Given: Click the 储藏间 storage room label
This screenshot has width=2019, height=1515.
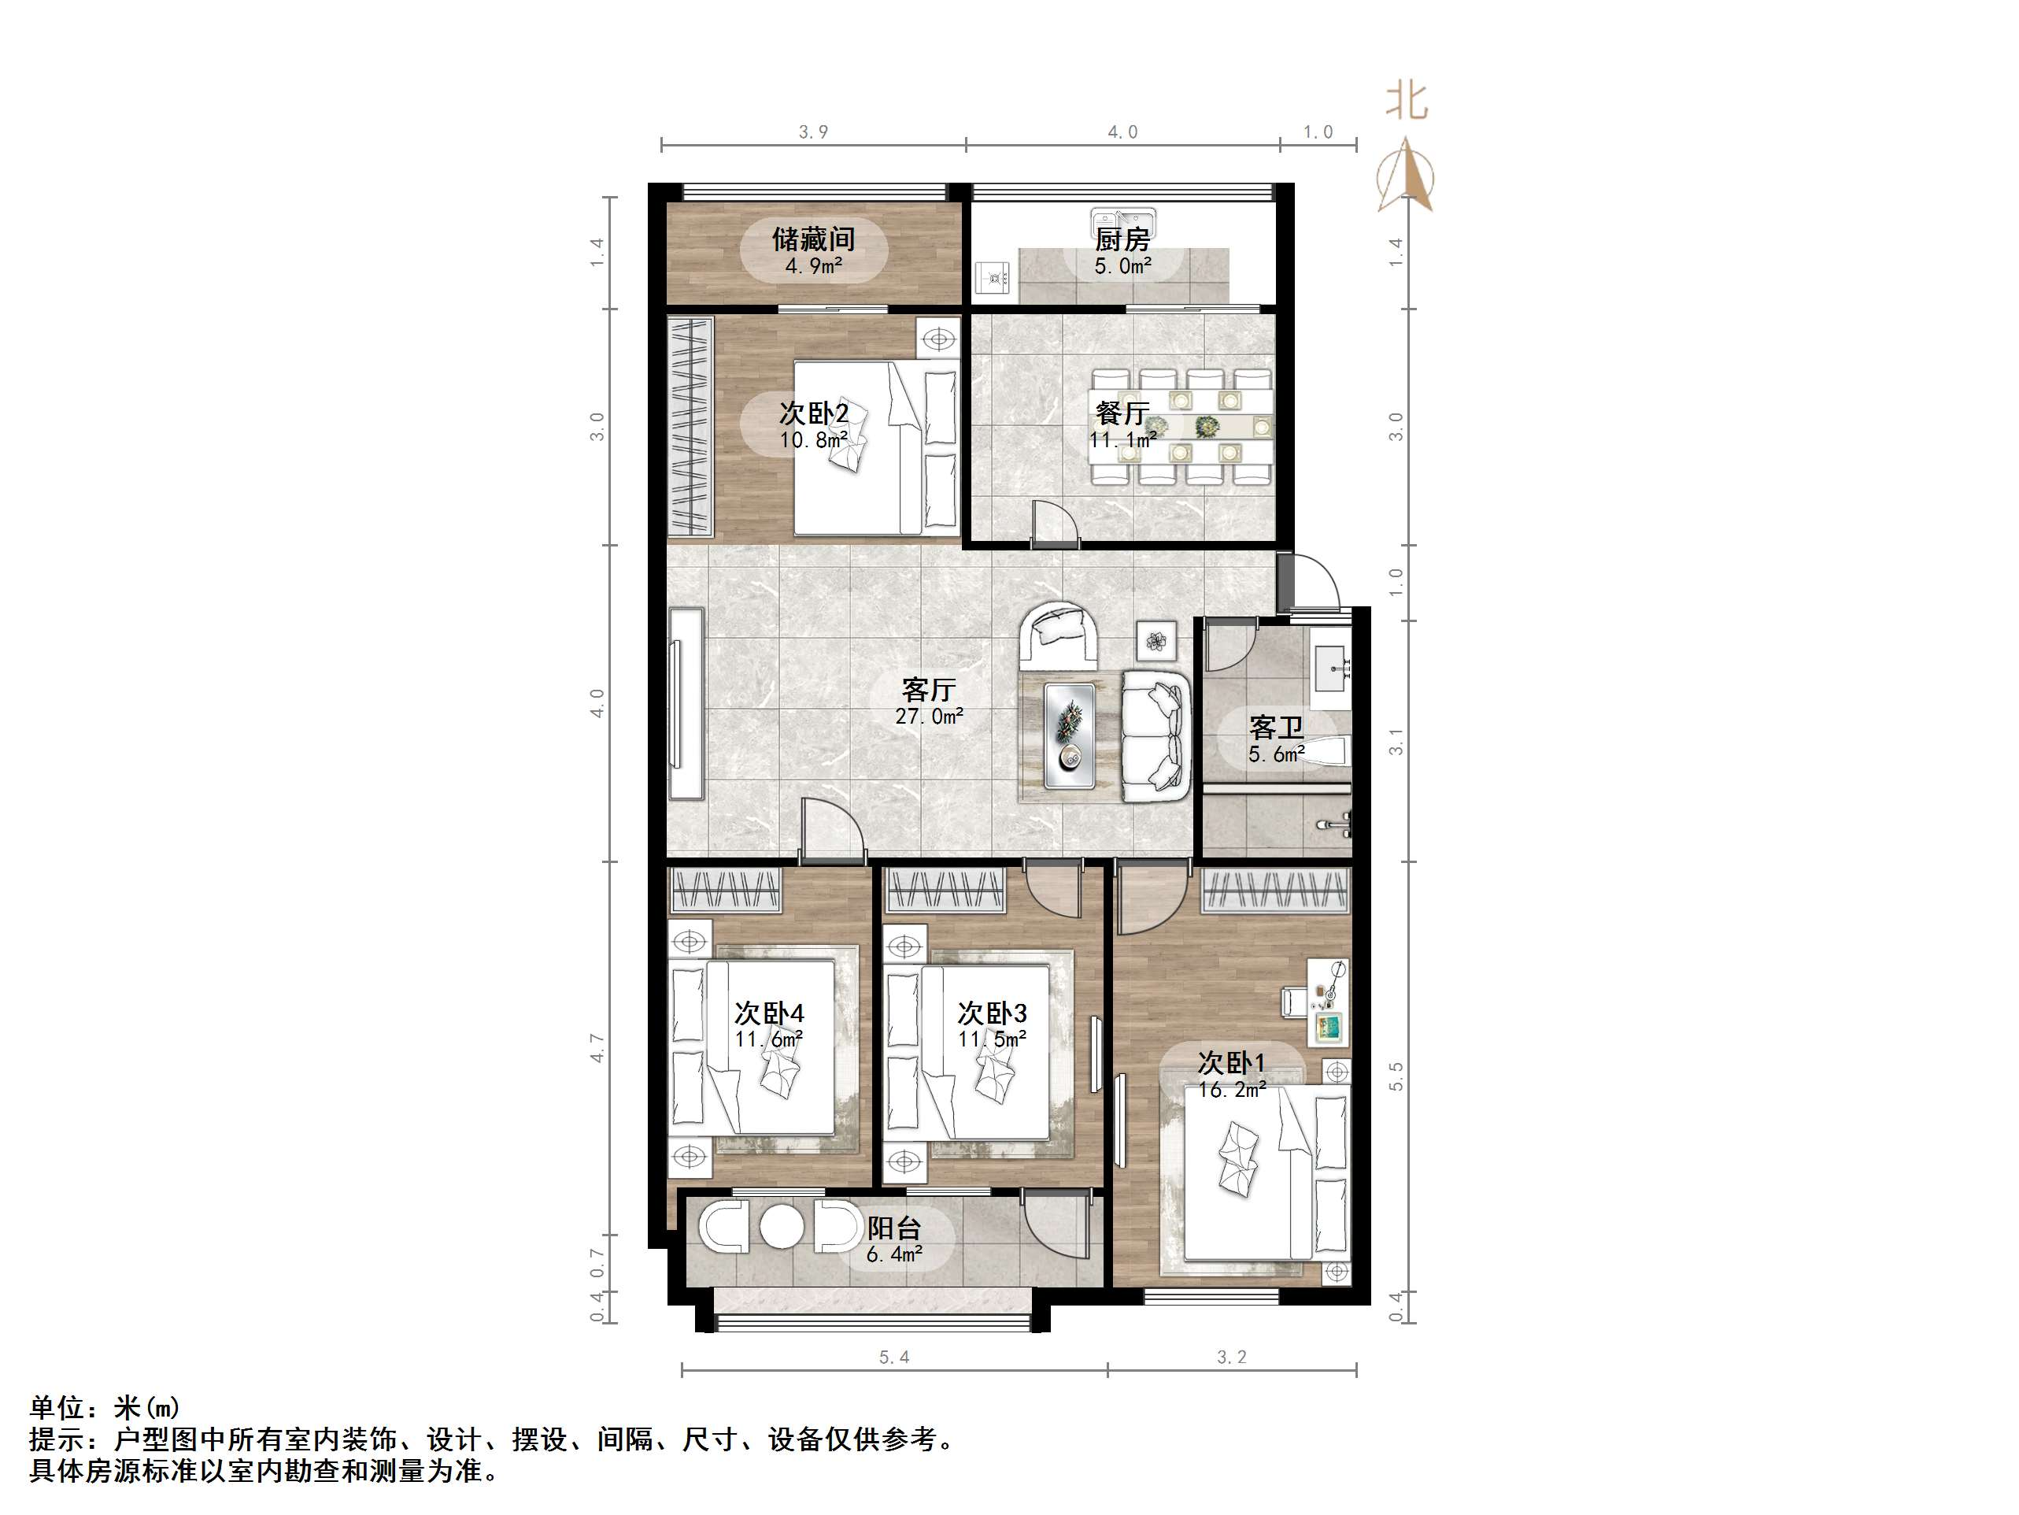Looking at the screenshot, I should click(x=813, y=239).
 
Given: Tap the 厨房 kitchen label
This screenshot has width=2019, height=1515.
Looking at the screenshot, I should click(x=1122, y=239).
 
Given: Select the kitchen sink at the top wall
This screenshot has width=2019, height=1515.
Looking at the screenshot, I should click(x=1122, y=223).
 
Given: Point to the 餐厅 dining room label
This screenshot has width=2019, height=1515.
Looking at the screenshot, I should click(x=1122, y=413).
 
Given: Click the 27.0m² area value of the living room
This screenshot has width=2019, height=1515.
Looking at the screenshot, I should click(x=928, y=717).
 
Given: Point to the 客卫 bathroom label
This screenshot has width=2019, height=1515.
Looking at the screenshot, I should click(x=1276, y=728).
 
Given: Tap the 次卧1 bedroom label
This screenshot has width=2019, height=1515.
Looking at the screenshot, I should click(x=1231, y=1063).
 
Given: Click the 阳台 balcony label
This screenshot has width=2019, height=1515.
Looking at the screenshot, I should click(x=893, y=1228).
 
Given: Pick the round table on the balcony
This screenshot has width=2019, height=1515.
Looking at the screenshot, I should click(x=780, y=1228).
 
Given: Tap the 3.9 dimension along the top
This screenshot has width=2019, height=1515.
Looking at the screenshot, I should click(x=813, y=132).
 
